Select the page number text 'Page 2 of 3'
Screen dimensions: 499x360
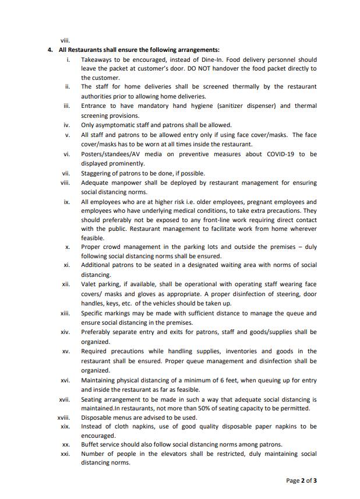(x=302, y=480)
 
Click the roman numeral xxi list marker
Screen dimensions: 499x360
(x=65, y=454)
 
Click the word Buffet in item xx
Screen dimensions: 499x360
(x=91, y=444)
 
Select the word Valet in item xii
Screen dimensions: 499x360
(x=89, y=284)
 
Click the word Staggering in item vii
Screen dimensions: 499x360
(x=97, y=173)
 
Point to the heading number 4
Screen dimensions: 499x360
(x=51, y=50)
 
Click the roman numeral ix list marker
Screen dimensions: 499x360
(x=66, y=202)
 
